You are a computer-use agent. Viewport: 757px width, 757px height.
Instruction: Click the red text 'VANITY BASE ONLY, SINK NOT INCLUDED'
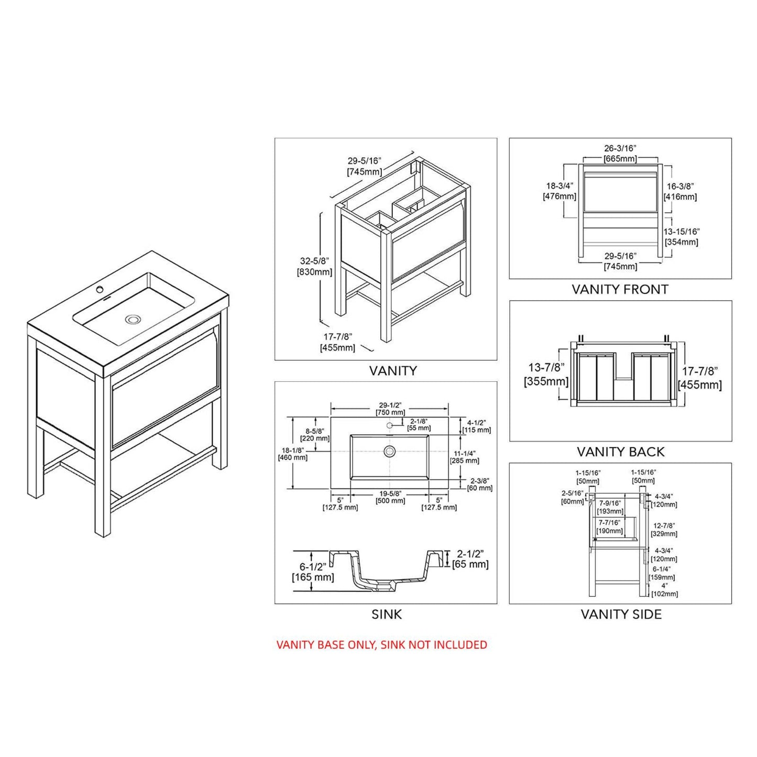click(381, 644)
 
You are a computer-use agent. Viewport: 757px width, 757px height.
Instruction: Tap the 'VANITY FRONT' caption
click(620, 289)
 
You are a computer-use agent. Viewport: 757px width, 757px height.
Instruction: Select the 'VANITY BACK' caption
click(620, 452)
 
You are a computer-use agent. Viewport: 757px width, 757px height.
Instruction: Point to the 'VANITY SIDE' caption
click(621, 614)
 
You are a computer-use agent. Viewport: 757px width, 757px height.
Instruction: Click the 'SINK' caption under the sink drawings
click(386, 614)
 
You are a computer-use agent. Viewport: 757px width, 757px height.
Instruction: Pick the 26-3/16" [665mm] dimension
click(620, 153)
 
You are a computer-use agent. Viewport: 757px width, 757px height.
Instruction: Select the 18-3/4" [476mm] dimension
click(559, 191)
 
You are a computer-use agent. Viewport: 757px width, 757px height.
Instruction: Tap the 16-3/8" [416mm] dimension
click(681, 192)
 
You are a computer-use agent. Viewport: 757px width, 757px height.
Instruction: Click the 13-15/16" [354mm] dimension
click(682, 237)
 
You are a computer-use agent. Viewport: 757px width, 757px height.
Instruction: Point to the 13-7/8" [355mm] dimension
click(546, 375)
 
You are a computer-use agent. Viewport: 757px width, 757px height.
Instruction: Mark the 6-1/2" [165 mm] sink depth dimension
click(313, 572)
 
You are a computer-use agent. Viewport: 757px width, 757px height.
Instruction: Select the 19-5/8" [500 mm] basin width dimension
click(390, 497)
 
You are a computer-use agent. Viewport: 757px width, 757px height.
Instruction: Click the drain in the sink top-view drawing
click(389, 451)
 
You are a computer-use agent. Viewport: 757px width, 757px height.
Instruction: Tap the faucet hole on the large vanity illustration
click(99, 289)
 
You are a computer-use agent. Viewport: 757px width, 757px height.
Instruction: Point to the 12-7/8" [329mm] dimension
click(664, 530)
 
